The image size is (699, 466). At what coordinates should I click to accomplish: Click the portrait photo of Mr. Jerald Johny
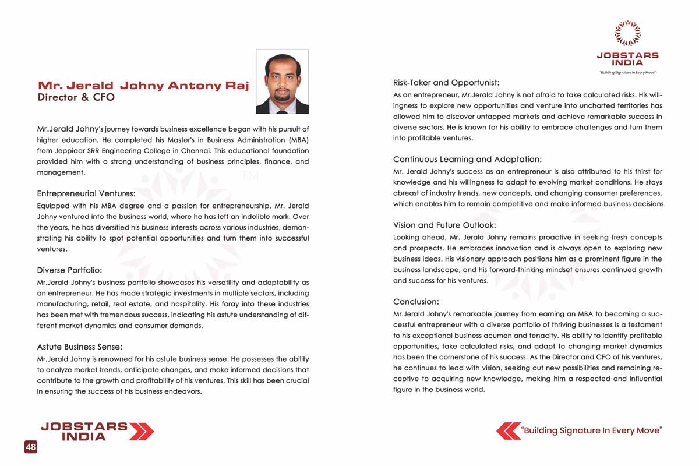(x=282, y=82)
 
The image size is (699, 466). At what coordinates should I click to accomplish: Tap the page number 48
(x=30, y=447)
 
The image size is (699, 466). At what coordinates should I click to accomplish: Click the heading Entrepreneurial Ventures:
(x=86, y=193)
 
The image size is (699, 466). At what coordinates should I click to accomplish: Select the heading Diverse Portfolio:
(x=69, y=270)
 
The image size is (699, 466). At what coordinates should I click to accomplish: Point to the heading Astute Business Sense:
(x=80, y=347)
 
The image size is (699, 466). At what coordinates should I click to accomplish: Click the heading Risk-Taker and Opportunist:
(x=446, y=83)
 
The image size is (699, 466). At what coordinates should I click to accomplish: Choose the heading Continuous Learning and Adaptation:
(x=467, y=159)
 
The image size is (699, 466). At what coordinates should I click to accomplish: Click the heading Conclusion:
(x=416, y=302)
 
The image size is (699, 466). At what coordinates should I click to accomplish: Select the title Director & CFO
(x=76, y=97)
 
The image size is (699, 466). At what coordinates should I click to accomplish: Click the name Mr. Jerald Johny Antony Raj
(x=143, y=86)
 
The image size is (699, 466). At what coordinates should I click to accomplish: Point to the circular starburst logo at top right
(x=627, y=33)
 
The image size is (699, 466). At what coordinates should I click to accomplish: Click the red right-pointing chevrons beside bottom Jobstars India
(x=141, y=431)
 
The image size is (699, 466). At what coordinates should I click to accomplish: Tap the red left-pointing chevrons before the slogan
(x=508, y=431)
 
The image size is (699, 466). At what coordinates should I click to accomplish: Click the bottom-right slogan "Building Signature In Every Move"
(x=592, y=431)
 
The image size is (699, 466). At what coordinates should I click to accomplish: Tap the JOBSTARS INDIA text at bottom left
(x=84, y=431)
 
